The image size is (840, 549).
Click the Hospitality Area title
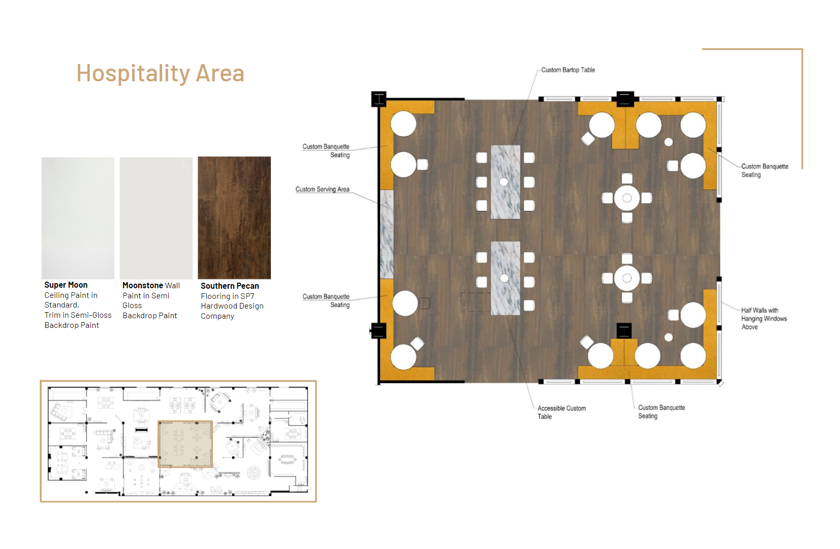[x=161, y=73]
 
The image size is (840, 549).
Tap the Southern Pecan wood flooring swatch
[x=234, y=218]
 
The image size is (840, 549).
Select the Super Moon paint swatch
[x=78, y=218]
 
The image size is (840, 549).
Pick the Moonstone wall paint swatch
[x=156, y=218]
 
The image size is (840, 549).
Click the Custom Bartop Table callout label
[x=568, y=70]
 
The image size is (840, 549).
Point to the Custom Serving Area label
[x=323, y=190]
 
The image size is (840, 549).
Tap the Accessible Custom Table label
[x=562, y=412]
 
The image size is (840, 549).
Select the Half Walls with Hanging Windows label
[x=764, y=319]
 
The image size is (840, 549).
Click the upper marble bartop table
[x=506, y=182]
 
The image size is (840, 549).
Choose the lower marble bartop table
[x=506, y=278]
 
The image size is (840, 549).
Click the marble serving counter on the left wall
[x=387, y=234]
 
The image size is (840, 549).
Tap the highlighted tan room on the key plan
[x=185, y=444]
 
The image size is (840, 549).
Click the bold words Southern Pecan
[x=230, y=286]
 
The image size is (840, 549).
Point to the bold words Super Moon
[x=66, y=285]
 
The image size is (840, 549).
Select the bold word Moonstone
[x=143, y=285]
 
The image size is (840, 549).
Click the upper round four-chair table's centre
[x=627, y=198]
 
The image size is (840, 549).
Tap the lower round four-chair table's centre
[x=627, y=278]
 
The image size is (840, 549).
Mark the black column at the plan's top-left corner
[x=379, y=99]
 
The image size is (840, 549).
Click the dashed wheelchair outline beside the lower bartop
[x=476, y=302]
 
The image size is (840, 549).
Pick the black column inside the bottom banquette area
[x=625, y=331]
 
